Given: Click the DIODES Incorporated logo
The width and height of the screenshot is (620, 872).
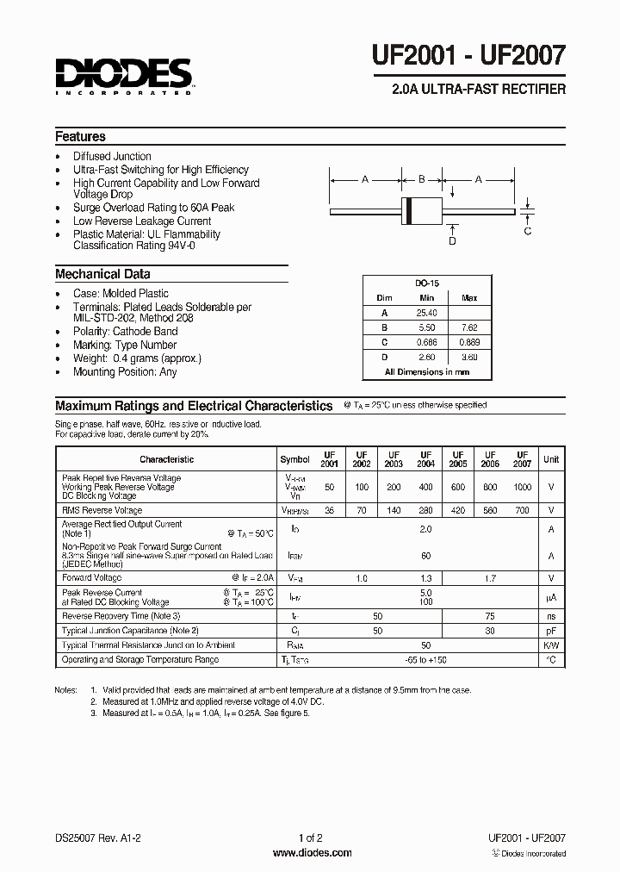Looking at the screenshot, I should pyautogui.click(x=124, y=76).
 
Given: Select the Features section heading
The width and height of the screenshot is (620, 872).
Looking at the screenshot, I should pyautogui.click(x=80, y=136).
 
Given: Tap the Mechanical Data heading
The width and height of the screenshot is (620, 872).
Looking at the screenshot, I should pyautogui.click(x=102, y=274).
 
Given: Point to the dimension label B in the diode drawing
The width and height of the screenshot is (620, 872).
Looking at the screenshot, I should pyautogui.click(x=422, y=179).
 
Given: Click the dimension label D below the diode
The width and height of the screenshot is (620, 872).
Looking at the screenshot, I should pyautogui.click(x=452, y=241).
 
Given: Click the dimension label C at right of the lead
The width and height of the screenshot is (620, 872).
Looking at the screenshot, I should pyautogui.click(x=528, y=230).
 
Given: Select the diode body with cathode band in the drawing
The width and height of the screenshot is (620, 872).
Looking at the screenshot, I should pyautogui.click(x=421, y=209).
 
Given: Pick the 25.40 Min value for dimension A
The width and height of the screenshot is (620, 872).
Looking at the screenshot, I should pyautogui.click(x=426, y=313).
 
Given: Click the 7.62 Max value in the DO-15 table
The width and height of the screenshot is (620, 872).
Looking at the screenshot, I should pyautogui.click(x=469, y=327).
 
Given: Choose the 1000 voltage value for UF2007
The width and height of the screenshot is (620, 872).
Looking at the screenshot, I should pyautogui.click(x=522, y=487).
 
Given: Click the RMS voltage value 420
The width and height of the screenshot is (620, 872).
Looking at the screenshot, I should pyautogui.click(x=457, y=510).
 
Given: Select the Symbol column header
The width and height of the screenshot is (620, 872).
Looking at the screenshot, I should pyautogui.click(x=294, y=459).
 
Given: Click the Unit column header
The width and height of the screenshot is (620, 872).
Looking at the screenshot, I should pyautogui.click(x=551, y=459).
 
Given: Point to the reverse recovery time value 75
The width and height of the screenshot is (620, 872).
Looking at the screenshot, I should pyautogui.click(x=489, y=616).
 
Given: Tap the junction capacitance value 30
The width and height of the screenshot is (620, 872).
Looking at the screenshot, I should pyautogui.click(x=489, y=631).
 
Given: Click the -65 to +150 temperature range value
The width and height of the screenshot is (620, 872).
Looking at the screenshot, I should pyautogui.click(x=425, y=659).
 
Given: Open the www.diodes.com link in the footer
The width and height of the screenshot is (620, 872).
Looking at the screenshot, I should pyautogui.click(x=312, y=853).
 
